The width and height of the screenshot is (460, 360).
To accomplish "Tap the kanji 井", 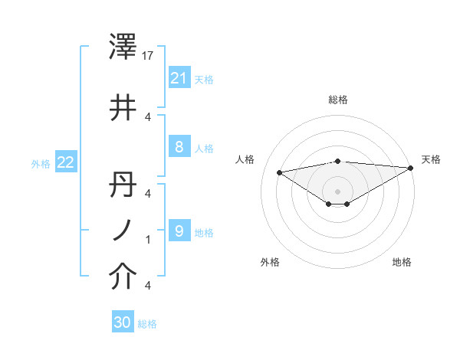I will coord(123,108).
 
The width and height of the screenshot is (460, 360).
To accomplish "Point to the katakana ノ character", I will coord(123,231).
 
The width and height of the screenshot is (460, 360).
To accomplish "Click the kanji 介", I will coord(123,277).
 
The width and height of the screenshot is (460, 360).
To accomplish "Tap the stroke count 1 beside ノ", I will coord(148,240).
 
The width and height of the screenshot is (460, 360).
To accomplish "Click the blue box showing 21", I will coord(179,77).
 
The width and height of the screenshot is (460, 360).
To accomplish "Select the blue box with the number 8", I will coord(179,147).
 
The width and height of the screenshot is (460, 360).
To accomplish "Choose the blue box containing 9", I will coord(179,231).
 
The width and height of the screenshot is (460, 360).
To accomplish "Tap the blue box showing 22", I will coord(65,162).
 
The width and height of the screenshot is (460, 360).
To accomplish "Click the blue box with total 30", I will coord(123,322).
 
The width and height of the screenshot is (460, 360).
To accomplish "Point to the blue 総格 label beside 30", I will coord(148,324).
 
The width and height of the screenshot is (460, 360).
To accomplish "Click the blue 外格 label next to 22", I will coord(41,163).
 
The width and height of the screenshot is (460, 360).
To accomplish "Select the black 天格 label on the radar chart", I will coord(431,159).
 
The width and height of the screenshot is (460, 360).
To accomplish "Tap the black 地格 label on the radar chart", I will coord(402,262).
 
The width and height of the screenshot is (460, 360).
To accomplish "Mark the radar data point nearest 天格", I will coord(411,169).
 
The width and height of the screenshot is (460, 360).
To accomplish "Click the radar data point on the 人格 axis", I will coord(280,172).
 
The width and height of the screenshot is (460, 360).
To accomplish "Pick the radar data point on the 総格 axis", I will coord(337,161).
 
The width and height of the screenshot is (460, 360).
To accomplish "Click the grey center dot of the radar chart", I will coord(337,191).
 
